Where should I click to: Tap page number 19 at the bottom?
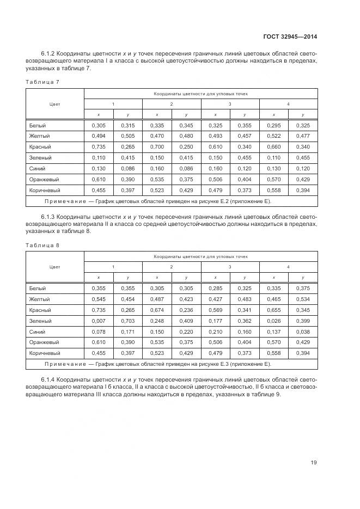tap(314, 463)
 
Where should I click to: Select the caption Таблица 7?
tap(42, 82)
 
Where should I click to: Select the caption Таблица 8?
tap(42, 245)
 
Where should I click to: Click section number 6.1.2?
tap(48, 54)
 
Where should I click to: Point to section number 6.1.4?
tap(48, 379)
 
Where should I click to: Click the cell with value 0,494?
tap(99, 136)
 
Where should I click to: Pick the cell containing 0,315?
tap(127, 125)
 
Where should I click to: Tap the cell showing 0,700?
tap(157, 147)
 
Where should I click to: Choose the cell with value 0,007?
tap(99, 321)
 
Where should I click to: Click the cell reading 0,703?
tap(127, 321)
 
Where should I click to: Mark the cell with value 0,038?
tap(303, 332)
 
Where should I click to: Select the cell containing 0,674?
tap(157, 310)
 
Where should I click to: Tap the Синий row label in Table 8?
tap(37, 332)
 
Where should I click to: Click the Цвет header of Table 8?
tap(54, 267)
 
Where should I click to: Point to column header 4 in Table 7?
tap(288, 103)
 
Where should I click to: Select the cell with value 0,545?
tap(99, 299)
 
